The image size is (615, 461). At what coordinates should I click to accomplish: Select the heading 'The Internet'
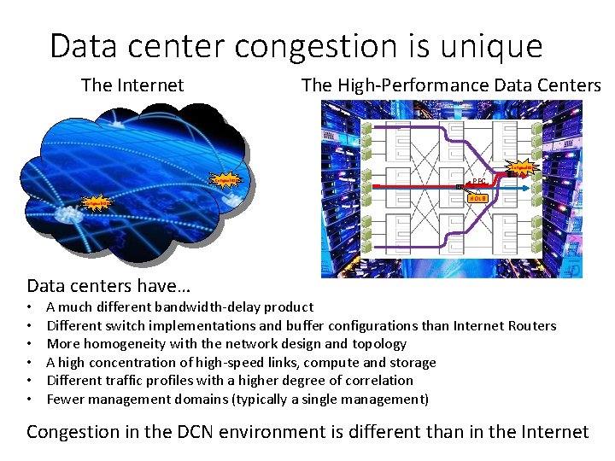pos(132,85)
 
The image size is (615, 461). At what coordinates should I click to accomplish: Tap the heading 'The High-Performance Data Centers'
pos(451,85)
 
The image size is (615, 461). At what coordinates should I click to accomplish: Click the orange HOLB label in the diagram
pos(477,198)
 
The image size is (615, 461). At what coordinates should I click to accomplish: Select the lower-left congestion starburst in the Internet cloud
pos(94,203)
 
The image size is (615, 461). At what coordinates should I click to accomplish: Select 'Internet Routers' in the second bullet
pos(506,325)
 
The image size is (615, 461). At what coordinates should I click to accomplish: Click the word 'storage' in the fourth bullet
pos(412,362)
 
